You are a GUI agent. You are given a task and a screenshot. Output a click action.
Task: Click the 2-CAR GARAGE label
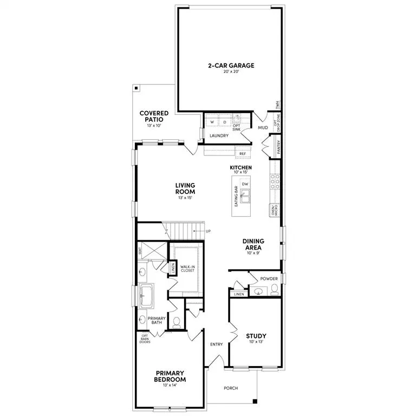[x=231, y=66]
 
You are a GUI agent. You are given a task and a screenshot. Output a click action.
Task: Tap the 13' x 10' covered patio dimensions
[x=154, y=126]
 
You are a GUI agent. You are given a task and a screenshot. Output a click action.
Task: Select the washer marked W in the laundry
[x=212, y=122]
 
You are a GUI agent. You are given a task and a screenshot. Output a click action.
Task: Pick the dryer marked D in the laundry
[x=224, y=122]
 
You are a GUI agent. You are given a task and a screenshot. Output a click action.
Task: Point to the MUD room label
[x=263, y=128]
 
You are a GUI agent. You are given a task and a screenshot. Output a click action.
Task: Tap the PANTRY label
[x=278, y=147]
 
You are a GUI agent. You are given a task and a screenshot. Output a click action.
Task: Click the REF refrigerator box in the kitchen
[x=243, y=154]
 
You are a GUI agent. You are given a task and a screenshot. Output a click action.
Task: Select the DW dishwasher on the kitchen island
[x=245, y=184]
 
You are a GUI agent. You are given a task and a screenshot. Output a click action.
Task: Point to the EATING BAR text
[x=236, y=197]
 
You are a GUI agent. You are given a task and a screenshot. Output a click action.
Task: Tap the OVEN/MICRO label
[x=274, y=211]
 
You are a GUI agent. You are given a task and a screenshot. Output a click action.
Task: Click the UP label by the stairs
[x=208, y=231]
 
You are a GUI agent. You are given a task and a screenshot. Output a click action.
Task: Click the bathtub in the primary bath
[x=147, y=296]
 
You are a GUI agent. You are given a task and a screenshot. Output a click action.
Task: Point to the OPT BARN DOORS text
[x=145, y=339]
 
